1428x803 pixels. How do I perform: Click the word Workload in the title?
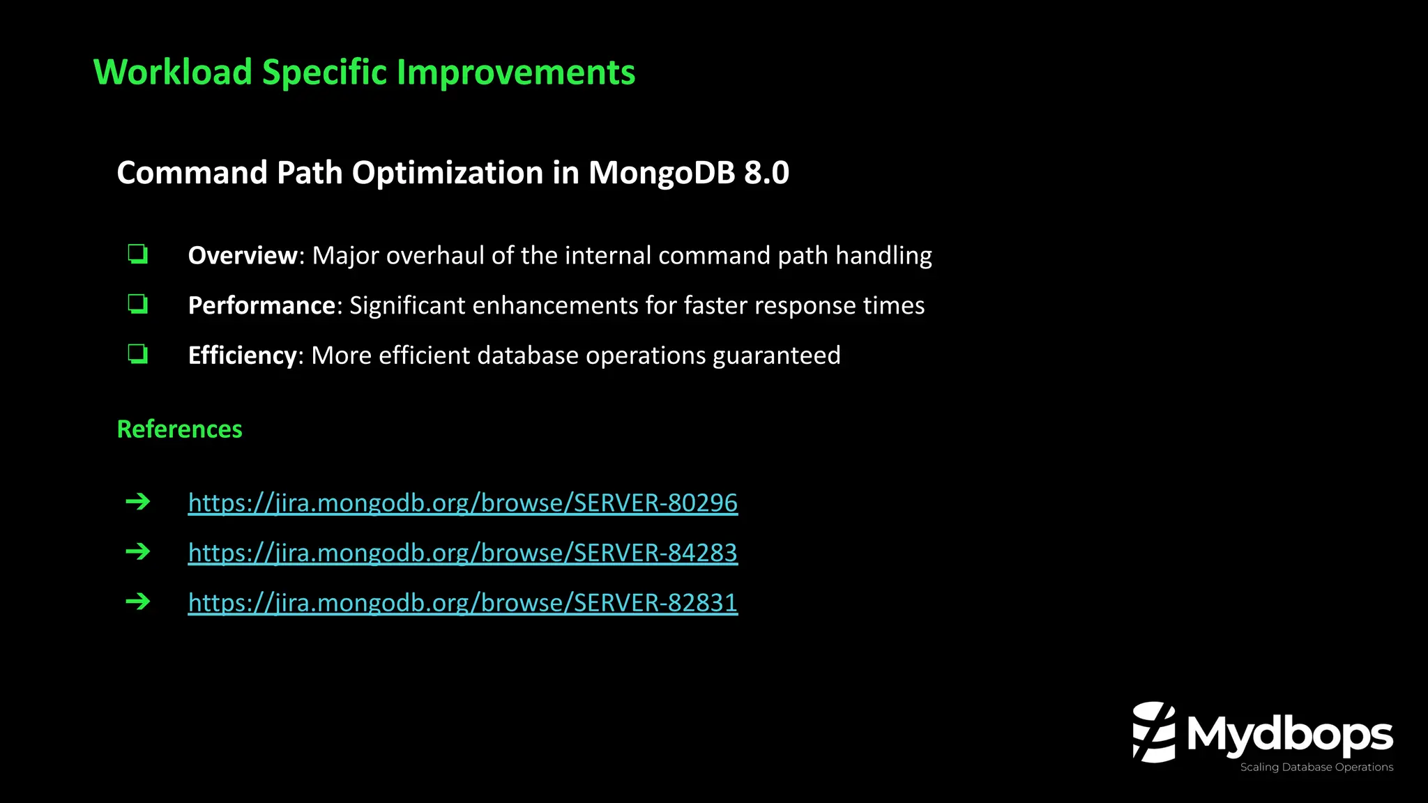173,72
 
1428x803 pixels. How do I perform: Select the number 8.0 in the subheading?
766,173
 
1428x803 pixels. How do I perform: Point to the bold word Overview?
243,256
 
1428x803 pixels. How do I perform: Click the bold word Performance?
261,306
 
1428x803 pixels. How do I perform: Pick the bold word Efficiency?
242,355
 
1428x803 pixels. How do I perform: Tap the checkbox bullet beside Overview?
137,254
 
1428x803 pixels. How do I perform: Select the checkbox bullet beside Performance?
137,305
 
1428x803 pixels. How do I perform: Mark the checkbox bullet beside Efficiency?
137,354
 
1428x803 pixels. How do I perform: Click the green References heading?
179,429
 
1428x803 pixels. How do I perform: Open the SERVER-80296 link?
462,503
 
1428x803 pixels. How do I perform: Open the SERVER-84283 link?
462,553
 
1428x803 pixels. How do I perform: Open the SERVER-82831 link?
462,602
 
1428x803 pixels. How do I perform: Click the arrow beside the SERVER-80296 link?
138,502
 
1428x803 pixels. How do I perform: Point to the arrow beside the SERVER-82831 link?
138,602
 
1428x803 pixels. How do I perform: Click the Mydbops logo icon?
1153,732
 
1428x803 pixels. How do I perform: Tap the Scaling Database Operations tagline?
1316,767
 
